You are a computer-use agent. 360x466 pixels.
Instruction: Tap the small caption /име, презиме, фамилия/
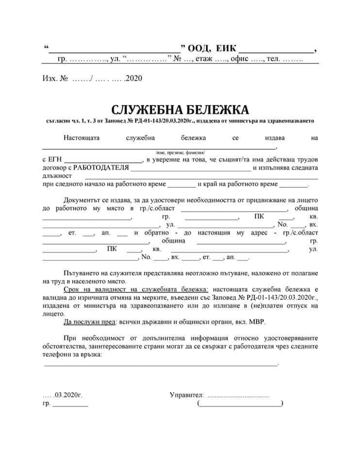pos(180,152)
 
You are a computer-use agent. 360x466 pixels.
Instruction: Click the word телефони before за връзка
pos(58,355)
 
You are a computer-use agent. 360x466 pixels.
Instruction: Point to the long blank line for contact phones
pos(161,365)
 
